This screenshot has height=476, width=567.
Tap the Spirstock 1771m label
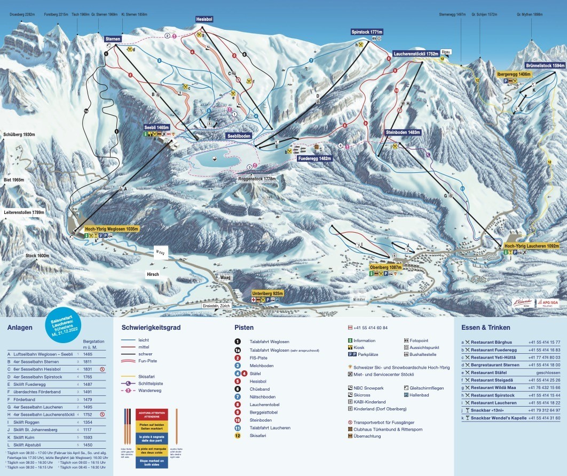(367, 32)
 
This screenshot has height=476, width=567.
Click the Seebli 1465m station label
(156, 128)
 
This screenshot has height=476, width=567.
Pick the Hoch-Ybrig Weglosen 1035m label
(111, 228)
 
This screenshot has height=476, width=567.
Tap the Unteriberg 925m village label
(268, 293)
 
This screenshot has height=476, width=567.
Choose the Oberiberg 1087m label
(385, 266)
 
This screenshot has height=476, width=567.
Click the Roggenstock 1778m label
(257, 179)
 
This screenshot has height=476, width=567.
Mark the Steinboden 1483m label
(403, 132)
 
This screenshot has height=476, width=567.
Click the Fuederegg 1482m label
(315, 158)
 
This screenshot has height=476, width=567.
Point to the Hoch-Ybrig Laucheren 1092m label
(533, 246)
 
